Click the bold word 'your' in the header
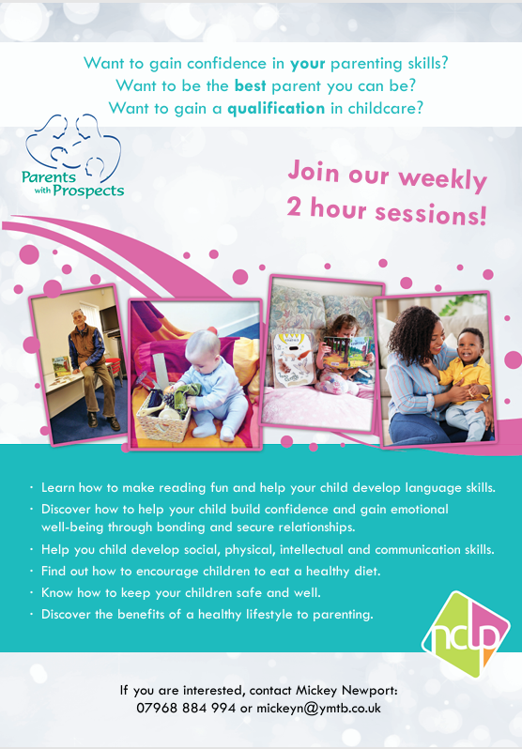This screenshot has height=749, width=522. (x=308, y=64)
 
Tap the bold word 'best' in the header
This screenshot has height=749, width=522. (x=250, y=86)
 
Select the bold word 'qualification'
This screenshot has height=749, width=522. (x=276, y=109)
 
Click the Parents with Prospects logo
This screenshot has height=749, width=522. (x=72, y=156)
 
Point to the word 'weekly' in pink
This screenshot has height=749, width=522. (x=442, y=179)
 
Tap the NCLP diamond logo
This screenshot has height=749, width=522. (x=465, y=634)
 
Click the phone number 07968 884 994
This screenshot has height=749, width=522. (x=186, y=708)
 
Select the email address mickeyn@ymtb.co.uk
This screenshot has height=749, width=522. (x=318, y=708)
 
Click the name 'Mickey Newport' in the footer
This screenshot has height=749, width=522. (x=345, y=690)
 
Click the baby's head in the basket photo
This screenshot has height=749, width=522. (x=204, y=346)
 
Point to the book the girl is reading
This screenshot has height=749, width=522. (x=348, y=351)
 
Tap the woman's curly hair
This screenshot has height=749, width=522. (x=412, y=329)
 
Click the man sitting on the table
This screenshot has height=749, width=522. (x=92, y=367)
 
